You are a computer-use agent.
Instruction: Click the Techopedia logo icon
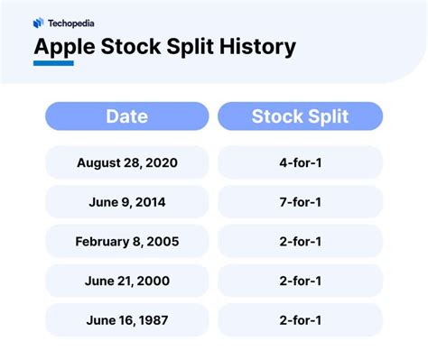pos(38,23)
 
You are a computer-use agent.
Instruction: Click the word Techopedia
pos(71,23)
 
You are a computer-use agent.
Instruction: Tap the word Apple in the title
pos(64,46)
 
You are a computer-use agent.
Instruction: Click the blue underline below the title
pos(53,64)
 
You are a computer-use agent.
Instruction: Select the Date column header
pos(127,115)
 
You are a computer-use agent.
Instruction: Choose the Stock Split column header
pos(300,115)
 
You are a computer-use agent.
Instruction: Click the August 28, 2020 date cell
pos(127,163)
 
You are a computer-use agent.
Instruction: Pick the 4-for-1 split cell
pos(300,163)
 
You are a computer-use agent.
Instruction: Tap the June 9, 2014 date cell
pos(127,202)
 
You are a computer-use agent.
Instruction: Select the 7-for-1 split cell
pos(300,202)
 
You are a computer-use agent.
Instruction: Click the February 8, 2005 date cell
pos(127,242)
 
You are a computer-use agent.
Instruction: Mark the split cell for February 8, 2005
pos(300,242)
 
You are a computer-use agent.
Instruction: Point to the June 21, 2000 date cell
pos(127,281)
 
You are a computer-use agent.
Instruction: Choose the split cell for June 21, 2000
pos(300,281)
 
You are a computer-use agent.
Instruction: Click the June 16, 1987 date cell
pos(127,319)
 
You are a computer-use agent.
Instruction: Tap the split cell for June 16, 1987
pos(300,319)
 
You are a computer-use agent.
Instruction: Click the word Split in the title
pos(186,46)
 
